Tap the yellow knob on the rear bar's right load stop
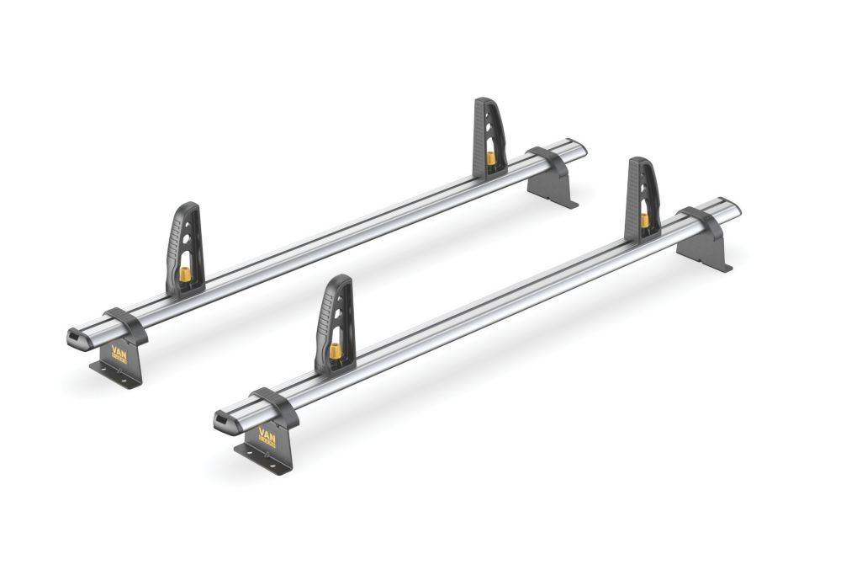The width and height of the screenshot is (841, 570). (490, 157)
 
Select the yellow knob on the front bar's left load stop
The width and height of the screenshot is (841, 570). (336, 351)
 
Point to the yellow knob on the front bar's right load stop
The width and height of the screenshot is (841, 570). (644, 220)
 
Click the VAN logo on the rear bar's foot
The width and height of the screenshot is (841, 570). (118, 354)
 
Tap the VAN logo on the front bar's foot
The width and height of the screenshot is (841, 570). (267, 435)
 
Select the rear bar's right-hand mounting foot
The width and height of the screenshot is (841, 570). (551, 181)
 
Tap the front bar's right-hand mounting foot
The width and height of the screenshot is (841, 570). (704, 244)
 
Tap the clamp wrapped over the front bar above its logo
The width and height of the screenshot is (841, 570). (275, 405)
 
